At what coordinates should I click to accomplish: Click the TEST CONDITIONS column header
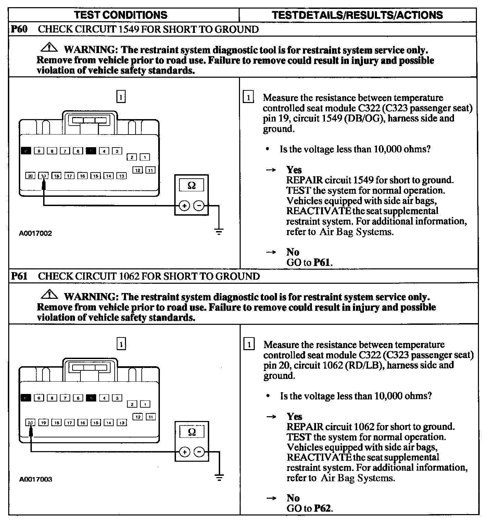[121, 15]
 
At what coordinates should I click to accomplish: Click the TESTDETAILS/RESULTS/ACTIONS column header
[357, 15]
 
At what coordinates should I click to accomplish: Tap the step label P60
[19, 29]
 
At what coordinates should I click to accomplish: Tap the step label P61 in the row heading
[19, 276]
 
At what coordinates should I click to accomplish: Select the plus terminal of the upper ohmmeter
[184, 206]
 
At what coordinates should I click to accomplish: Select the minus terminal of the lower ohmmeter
[199, 452]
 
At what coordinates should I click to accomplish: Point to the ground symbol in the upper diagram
[219, 232]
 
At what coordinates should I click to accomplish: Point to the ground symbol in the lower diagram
[219, 477]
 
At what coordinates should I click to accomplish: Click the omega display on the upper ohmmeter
[192, 186]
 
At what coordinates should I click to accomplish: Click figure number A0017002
[35, 233]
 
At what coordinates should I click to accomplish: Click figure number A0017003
[36, 479]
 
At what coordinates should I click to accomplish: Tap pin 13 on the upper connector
[122, 176]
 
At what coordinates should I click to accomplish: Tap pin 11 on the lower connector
[151, 417]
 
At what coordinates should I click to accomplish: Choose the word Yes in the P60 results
[294, 170]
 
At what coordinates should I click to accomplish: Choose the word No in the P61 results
[293, 498]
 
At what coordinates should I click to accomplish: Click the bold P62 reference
[323, 508]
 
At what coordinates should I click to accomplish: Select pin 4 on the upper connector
[104, 151]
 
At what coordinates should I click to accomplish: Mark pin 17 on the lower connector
[69, 423]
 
